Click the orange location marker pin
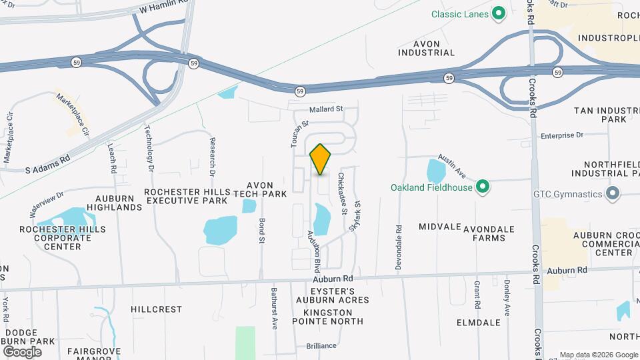pos(321,159)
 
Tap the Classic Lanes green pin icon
pos(498,13)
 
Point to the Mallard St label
pos(325,109)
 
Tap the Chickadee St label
pos(342,194)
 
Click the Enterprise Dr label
pos(561,135)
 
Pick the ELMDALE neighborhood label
pos(478,323)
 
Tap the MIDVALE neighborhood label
pos(439,227)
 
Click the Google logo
pos(22,351)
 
